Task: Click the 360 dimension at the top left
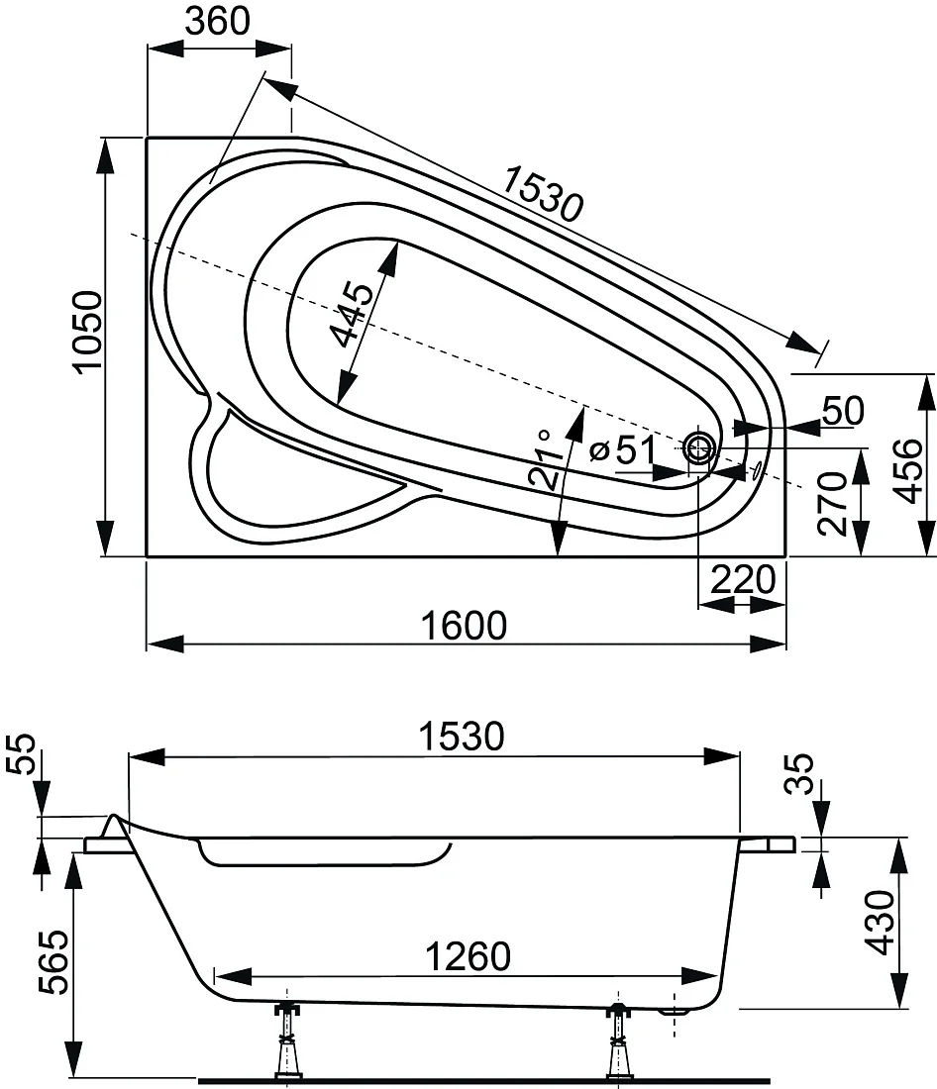218,21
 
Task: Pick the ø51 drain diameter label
622,451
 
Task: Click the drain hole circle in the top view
700,447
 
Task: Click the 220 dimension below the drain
743,579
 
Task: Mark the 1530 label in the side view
463,737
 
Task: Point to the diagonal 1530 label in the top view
543,193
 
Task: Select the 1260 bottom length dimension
468,956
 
